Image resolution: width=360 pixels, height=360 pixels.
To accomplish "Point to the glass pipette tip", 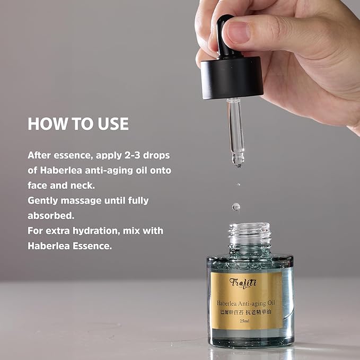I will [x=237, y=159].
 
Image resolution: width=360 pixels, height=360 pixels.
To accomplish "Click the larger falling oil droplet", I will [x=236, y=206].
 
